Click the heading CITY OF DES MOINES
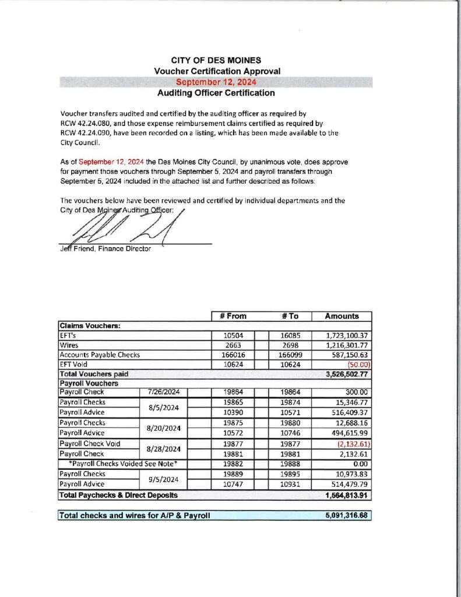pyautogui.click(x=216, y=61)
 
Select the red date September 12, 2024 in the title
pyautogui.click(x=216, y=82)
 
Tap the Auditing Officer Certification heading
pyautogui.click(x=216, y=93)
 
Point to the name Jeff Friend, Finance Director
pyautogui.click(x=105, y=250)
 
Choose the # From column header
pyautogui.click(x=233, y=316)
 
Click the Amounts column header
pyautogui.click(x=342, y=316)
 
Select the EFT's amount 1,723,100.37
pyautogui.click(x=342, y=336)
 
